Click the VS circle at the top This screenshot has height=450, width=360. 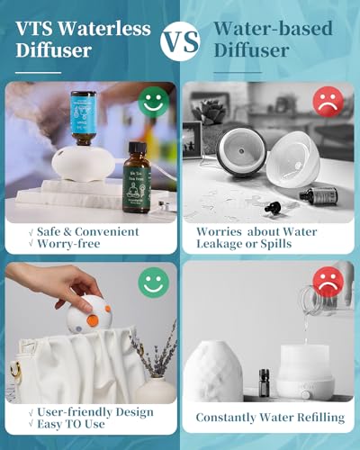(x=180, y=41)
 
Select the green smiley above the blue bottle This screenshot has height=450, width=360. (x=155, y=101)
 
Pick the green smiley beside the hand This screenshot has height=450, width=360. (x=153, y=284)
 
